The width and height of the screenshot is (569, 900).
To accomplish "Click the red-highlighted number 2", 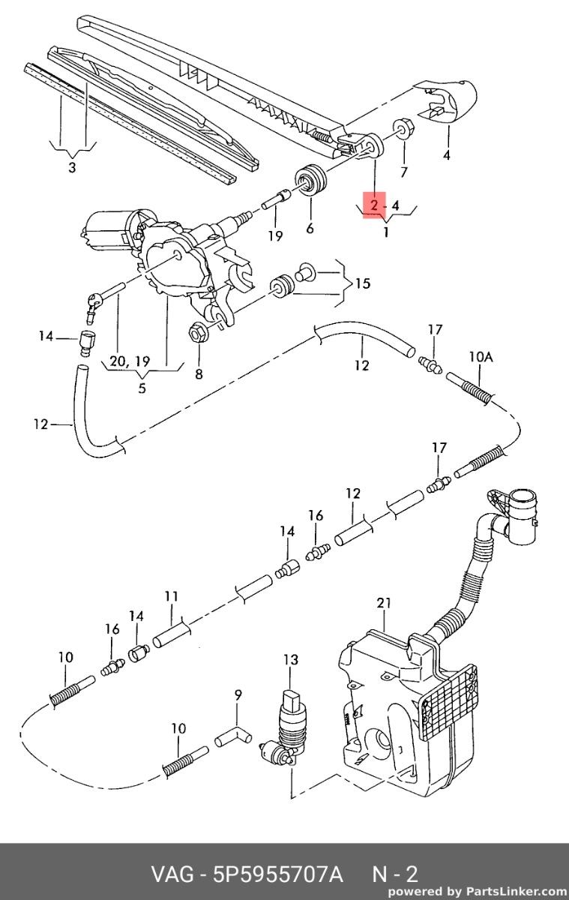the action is coord(374,206).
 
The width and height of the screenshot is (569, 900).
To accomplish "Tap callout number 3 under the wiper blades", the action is coord(72,167).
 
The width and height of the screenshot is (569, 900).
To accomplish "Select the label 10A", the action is coord(481,357).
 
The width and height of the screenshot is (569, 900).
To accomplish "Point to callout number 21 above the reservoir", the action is coord(384,603).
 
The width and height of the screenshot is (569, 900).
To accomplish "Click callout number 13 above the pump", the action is coord(291,659).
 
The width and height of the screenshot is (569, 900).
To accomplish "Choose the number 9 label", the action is coord(238,694).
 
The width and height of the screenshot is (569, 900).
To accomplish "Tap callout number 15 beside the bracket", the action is coord(363,283).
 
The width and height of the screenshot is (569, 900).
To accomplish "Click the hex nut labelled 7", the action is coord(403,127).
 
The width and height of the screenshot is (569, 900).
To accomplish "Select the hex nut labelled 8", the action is coord(198,334).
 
